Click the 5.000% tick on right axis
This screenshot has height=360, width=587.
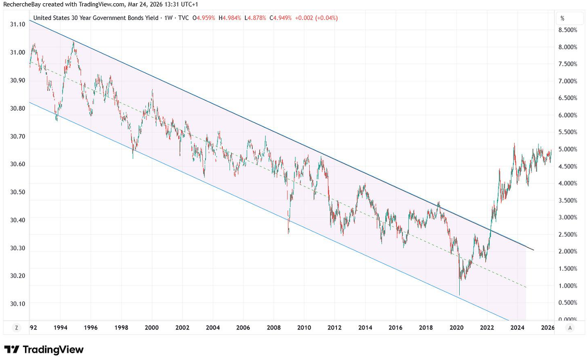(568, 149)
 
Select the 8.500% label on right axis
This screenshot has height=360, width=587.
(568, 30)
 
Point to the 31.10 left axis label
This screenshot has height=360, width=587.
(18, 24)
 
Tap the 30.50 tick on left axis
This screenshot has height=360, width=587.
(18, 192)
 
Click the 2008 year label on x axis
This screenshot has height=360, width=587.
(274, 328)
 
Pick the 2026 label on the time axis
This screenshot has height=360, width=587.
(547, 328)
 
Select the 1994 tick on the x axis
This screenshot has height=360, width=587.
(60, 328)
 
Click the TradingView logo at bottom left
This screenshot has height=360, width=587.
(44, 349)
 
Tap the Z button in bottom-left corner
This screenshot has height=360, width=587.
(16, 328)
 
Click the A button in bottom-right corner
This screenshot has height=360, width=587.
(569, 328)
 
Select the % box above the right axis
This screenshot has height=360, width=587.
(569, 18)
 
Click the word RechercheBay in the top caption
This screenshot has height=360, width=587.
(22, 4)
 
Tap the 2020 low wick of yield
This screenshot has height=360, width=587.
(459, 294)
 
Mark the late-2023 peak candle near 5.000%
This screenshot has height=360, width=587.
(514, 144)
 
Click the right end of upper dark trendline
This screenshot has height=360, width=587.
(533, 250)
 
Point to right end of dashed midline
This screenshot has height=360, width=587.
(526, 287)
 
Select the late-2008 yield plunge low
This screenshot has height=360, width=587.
(288, 233)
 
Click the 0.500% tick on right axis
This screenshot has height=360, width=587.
(568, 303)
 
